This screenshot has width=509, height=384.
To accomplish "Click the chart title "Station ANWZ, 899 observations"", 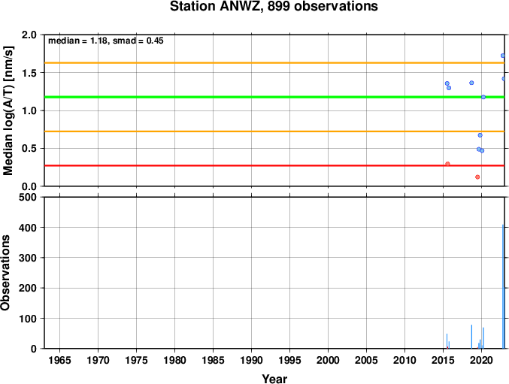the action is (x=274, y=7).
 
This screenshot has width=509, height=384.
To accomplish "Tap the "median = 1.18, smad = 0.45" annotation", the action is (x=106, y=41).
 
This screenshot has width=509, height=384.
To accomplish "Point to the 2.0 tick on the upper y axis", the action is (x=29, y=35).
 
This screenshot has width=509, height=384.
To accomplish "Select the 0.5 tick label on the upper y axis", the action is (x=29, y=149).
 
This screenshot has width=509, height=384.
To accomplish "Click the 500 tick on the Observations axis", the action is (x=28, y=197).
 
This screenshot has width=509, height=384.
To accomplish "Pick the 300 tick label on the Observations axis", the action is (x=28, y=258).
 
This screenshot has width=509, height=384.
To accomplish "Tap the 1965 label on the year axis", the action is (x=59, y=360).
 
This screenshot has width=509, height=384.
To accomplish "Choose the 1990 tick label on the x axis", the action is (x=251, y=360).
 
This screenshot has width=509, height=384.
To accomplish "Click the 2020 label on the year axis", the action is (x=481, y=360).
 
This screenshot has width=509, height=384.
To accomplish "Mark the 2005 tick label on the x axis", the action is (x=366, y=360).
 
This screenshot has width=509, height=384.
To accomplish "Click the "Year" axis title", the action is (x=274, y=379).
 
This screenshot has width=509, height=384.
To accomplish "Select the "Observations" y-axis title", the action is (x=5, y=273).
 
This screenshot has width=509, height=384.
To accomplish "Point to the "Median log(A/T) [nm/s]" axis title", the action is (x=8, y=111).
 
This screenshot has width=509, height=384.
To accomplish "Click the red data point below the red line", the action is (x=477, y=177).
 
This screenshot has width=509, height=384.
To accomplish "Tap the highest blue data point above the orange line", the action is (x=503, y=56).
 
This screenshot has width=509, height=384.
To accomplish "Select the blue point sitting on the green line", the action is (x=483, y=97).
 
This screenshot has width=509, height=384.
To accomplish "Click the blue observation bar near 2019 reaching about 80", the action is (x=471, y=337).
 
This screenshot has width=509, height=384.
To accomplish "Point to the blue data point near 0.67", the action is (x=480, y=135).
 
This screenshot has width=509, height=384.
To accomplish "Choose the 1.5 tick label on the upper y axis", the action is (x=29, y=73).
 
